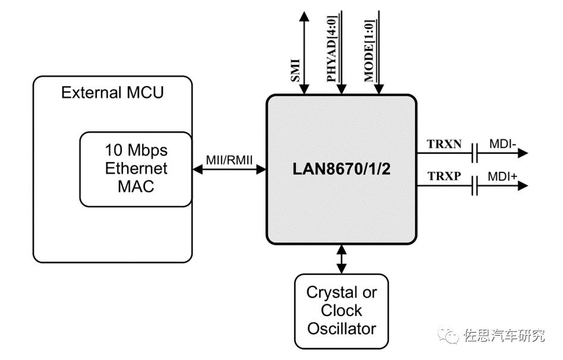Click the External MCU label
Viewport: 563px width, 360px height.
tap(112, 93)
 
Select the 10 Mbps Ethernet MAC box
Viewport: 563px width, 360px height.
tap(136, 168)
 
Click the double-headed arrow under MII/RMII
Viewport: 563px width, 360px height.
tap(229, 169)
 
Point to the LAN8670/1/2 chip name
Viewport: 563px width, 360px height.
tap(341, 169)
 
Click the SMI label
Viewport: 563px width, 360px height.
tap(295, 70)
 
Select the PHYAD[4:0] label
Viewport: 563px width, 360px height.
tap(331, 53)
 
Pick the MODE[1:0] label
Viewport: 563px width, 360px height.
tap(369, 53)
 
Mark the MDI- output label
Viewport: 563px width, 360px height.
tap(502, 144)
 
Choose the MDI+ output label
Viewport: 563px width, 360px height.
tap(503, 177)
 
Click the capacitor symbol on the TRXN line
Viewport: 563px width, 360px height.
tap(475, 153)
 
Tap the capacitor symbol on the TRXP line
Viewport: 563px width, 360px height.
tap(475, 187)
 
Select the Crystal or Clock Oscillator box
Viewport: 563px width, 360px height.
tap(341, 310)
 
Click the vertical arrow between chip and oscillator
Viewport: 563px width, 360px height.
tap(341, 258)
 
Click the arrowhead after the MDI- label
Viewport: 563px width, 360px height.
tap(523, 153)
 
